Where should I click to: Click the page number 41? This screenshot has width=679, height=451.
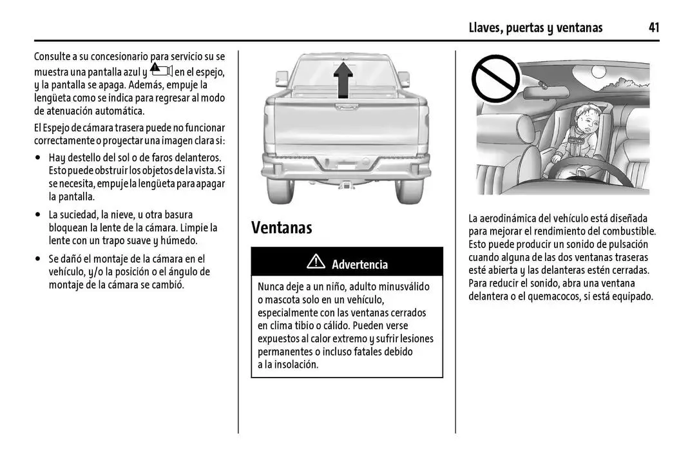pyautogui.click(x=653, y=28)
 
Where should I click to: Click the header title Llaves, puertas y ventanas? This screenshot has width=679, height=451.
pyautogui.click(x=536, y=28)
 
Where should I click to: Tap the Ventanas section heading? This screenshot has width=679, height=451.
pyautogui.click(x=282, y=227)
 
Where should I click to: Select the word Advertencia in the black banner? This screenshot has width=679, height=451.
pyautogui.click(x=359, y=264)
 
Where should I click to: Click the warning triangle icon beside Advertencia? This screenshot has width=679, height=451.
pyautogui.click(x=316, y=263)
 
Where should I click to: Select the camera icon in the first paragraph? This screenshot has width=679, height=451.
pyautogui.click(x=160, y=70)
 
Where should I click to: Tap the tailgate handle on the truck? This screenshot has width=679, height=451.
pyautogui.click(x=346, y=102)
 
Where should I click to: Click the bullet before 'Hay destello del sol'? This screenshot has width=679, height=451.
pyautogui.click(x=39, y=158)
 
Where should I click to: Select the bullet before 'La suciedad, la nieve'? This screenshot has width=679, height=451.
pyautogui.click(x=39, y=215)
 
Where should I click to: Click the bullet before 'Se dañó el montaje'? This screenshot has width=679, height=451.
pyautogui.click(x=39, y=258)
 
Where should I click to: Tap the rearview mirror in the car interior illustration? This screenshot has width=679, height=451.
pyautogui.click(x=548, y=93)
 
